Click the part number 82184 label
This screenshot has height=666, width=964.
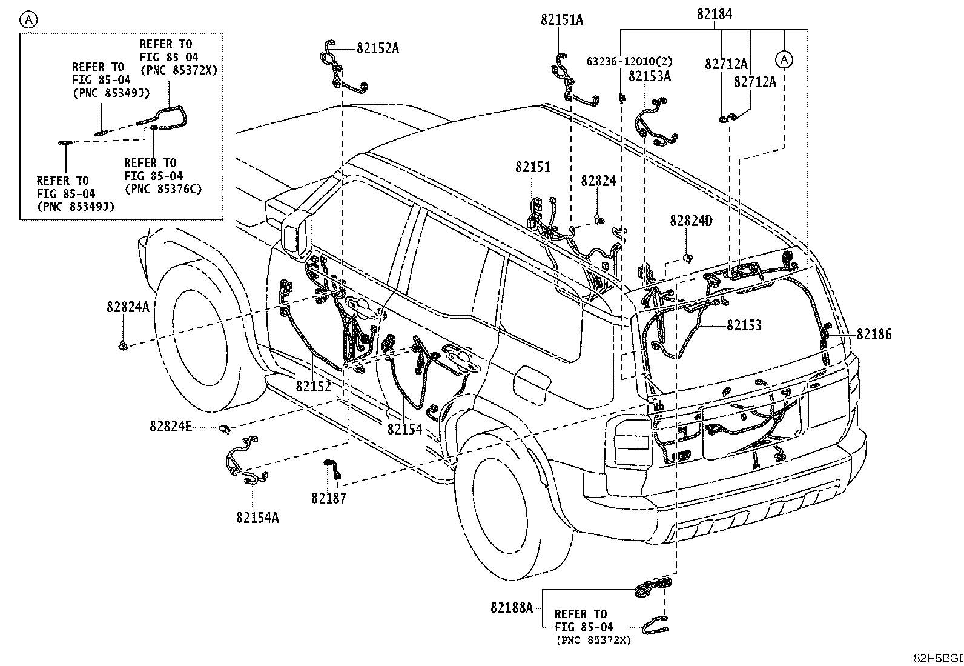pos(715,14)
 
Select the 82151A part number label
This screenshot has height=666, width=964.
pos(562,20)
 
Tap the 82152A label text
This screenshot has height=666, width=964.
pos(378,48)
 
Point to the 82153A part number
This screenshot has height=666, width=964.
pos(649,76)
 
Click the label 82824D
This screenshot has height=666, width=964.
pos(691,221)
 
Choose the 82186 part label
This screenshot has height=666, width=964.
pos(874,334)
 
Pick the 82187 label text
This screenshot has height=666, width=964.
pos(329,498)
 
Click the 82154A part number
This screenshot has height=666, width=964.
pos(257,517)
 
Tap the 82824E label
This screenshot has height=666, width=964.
pos(170,426)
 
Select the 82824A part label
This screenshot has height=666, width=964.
pos(128,307)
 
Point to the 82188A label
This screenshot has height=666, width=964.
pos(512,607)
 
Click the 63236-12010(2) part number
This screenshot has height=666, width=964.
pos(630,62)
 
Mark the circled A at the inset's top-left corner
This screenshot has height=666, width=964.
pos(29,19)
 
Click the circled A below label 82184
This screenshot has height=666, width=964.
pos(784,59)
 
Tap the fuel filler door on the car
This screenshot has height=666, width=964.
pos(532,385)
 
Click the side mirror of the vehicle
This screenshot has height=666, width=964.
pos(297,236)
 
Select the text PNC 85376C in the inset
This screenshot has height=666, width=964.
pos(163,188)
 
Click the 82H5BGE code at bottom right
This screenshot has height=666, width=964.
pos(939,658)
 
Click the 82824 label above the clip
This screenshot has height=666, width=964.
pos(598,181)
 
